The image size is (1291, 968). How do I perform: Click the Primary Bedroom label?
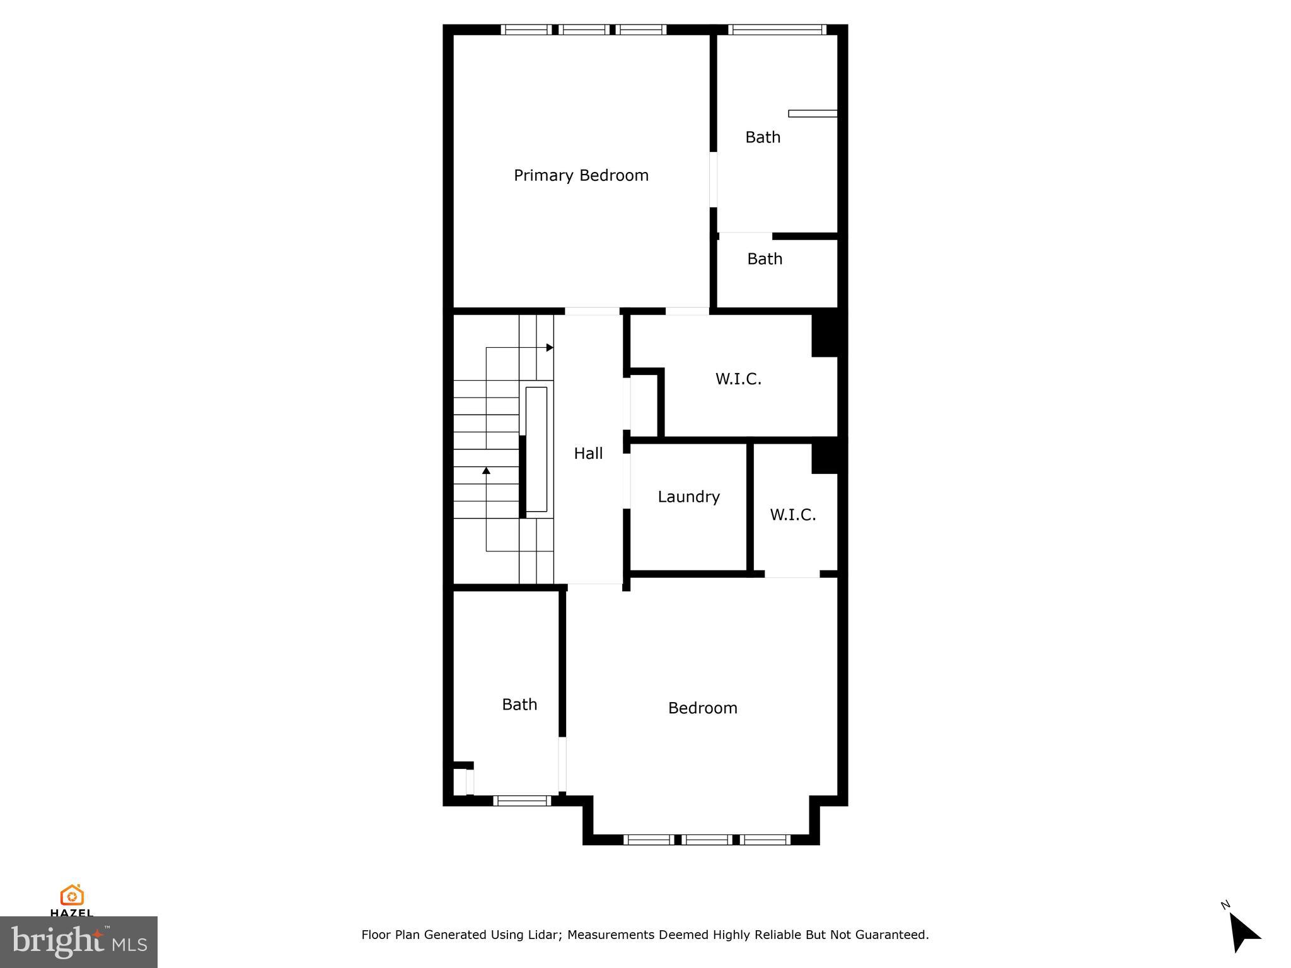tap(581, 175)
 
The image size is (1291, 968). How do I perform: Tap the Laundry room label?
tap(688, 497)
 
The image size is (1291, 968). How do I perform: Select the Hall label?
tap(588, 453)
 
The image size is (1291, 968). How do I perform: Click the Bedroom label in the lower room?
tap(702, 708)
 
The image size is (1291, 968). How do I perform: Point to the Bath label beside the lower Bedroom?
tap(519, 704)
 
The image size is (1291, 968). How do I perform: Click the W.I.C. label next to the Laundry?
tap(792, 515)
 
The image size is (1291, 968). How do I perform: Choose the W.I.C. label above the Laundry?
tap(738, 379)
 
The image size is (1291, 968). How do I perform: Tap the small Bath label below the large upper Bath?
tap(765, 259)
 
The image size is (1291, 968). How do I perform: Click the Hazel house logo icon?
tap(72, 895)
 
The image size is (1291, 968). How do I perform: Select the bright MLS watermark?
tap(78, 942)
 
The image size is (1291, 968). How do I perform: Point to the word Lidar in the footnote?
tap(540, 935)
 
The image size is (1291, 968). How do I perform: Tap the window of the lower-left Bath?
tap(522, 800)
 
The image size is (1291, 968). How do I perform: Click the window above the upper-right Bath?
tap(777, 29)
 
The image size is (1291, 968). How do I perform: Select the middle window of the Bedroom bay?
tap(707, 839)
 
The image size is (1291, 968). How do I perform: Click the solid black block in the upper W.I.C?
tap(824, 335)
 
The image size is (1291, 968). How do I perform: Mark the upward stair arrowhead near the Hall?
tap(486, 470)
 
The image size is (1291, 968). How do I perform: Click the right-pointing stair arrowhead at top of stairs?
tap(550, 347)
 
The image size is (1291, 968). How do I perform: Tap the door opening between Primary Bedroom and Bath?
tap(714, 180)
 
